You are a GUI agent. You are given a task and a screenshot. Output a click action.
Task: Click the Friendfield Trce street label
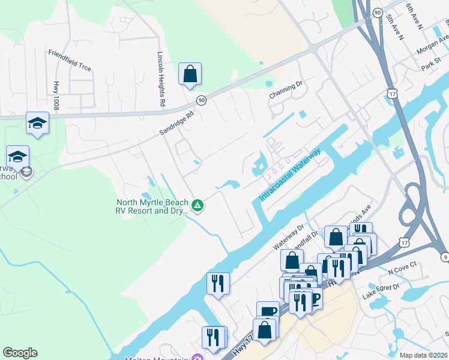point(70,60)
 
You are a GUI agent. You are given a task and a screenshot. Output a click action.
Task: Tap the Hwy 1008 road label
point(56,95)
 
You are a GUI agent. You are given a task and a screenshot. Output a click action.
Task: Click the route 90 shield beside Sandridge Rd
point(201,100)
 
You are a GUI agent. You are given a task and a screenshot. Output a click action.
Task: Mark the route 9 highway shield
point(445,257)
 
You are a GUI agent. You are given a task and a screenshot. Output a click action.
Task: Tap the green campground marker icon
point(197,206)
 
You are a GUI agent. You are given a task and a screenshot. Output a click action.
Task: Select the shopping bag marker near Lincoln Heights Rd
point(190,74)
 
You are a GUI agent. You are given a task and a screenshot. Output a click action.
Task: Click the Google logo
point(20,353)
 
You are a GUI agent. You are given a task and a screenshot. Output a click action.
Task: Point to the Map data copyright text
point(423,355)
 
